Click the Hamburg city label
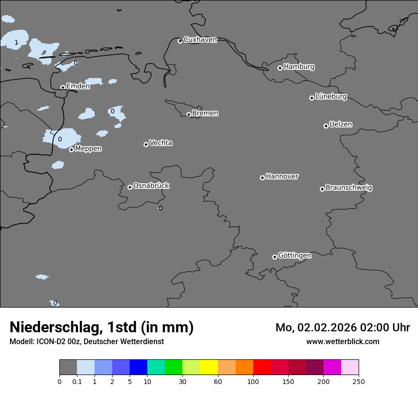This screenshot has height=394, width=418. (299, 67)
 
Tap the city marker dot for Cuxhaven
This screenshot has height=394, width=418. (180, 41)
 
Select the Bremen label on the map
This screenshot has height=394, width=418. (205, 113)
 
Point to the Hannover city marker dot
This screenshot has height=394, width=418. (262, 178)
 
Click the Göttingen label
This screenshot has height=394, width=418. (294, 255)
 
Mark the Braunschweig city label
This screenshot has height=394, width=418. (349, 188)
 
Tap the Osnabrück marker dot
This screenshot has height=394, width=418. (130, 187)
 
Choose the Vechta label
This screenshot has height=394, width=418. (161, 143)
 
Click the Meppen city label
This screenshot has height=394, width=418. (88, 149)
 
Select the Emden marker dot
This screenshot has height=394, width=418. (63, 87)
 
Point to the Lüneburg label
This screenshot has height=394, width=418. (331, 97)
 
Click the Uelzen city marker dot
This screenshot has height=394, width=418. (326, 126)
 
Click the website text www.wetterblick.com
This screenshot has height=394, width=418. (342, 341)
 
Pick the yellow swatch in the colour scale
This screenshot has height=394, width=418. (209, 367)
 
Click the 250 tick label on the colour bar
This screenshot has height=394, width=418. (359, 381)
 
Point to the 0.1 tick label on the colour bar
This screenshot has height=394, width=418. (77, 381)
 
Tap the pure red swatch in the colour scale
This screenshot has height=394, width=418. (262, 367)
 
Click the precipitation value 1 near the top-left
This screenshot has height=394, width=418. (16, 42)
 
